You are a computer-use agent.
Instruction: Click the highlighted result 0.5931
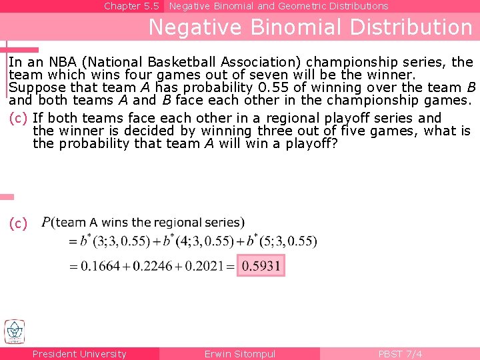coord(262,266)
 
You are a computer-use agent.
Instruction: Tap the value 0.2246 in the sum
coord(155,266)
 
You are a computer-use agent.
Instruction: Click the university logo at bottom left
coord(14,331)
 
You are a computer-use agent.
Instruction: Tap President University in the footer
coord(79,354)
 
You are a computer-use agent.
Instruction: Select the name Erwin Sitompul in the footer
coord(239,354)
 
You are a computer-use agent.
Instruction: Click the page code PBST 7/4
coord(400,354)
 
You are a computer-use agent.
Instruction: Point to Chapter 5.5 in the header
coord(131,6)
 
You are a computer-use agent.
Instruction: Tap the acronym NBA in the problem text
coord(61,62)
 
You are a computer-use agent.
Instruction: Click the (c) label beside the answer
coord(19,224)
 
